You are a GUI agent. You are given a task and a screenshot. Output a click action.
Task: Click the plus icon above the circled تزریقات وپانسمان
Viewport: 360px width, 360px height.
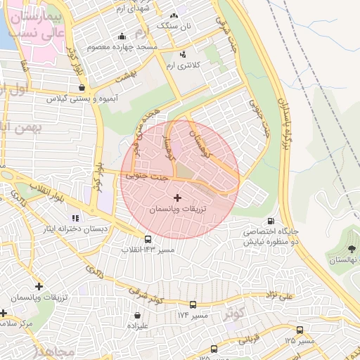(x=176, y=198)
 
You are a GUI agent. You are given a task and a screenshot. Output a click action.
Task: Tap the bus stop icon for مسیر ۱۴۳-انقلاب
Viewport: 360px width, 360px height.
(x=147, y=239)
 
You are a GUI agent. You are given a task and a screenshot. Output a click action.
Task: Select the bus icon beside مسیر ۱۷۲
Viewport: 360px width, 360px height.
(x=192, y=304)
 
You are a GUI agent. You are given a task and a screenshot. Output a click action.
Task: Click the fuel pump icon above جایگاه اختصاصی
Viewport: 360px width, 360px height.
(x=271, y=220)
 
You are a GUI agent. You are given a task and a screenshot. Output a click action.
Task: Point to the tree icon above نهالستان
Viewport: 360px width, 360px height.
(x=352, y=249)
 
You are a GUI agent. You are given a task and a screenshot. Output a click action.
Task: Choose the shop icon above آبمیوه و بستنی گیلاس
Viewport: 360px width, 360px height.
(x=82, y=88)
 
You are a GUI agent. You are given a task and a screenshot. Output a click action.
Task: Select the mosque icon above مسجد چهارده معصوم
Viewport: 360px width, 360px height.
(x=122, y=37)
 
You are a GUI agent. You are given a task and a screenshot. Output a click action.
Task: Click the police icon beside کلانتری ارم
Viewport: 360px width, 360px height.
(x=184, y=54)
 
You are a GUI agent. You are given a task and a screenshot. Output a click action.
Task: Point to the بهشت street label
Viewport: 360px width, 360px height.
(x=126, y=79)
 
